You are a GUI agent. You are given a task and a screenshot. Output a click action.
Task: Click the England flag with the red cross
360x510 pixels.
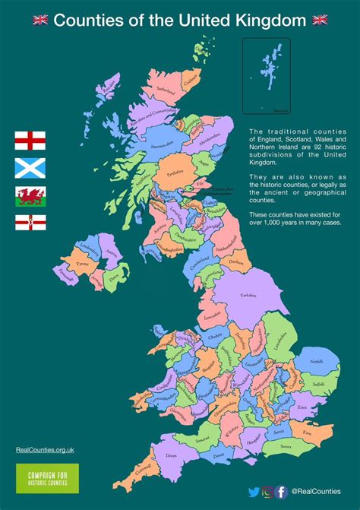pos(30,141)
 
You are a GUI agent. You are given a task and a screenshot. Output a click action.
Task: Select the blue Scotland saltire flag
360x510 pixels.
pos(30,167)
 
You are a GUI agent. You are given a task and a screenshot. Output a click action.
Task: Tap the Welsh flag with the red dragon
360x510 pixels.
pos(30,195)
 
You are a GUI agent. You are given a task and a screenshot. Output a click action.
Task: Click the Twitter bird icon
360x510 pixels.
pos(254,492)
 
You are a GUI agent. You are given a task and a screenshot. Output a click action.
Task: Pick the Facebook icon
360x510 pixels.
pos(281,492)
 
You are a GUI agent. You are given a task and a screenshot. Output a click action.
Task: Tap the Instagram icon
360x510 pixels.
pos(267,492)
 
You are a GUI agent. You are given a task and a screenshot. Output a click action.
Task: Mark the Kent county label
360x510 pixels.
pos(306,432)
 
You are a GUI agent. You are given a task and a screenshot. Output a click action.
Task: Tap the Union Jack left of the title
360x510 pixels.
pos(41,20)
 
